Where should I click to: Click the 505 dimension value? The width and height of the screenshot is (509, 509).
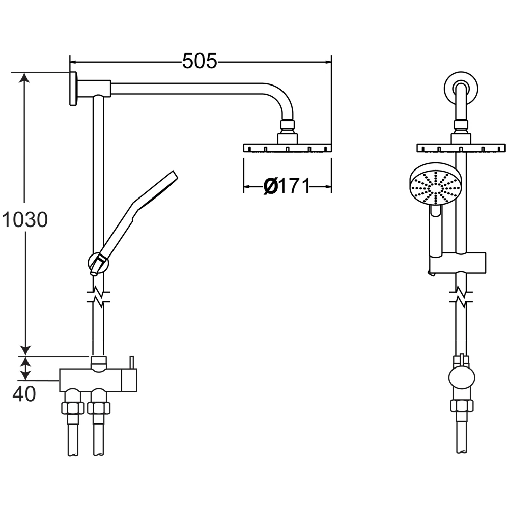(x=200, y=61)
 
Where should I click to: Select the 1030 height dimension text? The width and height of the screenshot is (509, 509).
(x=24, y=220)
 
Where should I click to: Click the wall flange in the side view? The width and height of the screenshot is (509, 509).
(x=73, y=89)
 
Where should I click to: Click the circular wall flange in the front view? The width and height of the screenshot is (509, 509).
(x=461, y=90)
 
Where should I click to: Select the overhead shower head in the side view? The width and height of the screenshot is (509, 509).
(x=288, y=148)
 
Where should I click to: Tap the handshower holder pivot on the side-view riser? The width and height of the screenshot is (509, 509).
(x=98, y=263)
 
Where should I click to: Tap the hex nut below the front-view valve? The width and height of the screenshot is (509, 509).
(x=462, y=406)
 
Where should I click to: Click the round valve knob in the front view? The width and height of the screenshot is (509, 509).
(x=462, y=380)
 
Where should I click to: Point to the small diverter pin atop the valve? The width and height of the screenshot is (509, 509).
(x=131, y=362)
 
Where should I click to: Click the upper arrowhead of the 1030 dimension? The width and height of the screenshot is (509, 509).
(x=25, y=77)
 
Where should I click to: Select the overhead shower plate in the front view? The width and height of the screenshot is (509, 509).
(x=461, y=148)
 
